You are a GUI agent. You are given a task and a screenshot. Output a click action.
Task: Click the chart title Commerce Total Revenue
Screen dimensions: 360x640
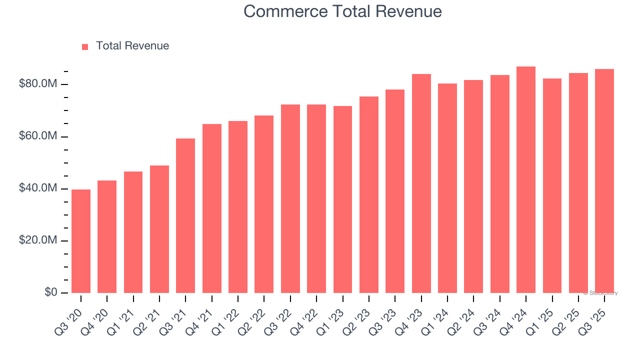pyautogui.click(x=342, y=11)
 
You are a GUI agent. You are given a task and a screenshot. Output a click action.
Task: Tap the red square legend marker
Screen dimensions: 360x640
pyautogui.click(x=85, y=46)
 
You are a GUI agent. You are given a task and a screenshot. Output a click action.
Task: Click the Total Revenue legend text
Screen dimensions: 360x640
pyautogui.click(x=132, y=46)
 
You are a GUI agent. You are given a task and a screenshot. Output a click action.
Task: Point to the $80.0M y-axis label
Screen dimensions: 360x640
pyautogui.click(x=38, y=84)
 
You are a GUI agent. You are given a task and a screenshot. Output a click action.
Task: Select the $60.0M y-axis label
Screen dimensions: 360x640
pyautogui.click(x=38, y=136)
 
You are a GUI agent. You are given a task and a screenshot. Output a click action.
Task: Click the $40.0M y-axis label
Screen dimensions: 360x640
pyautogui.click(x=38, y=188)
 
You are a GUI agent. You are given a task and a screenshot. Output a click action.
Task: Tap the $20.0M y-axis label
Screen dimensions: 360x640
pyautogui.click(x=38, y=240)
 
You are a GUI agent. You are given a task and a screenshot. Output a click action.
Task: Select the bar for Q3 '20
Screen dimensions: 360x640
pyautogui.click(x=81, y=241)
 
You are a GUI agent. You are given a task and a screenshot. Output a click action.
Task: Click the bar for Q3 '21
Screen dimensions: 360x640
pyautogui.click(x=185, y=215)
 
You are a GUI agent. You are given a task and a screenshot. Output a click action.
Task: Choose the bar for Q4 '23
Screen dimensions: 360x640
pyautogui.click(x=421, y=183)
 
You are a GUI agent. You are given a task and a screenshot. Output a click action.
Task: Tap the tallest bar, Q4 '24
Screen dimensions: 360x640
pyautogui.click(x=526, y=179)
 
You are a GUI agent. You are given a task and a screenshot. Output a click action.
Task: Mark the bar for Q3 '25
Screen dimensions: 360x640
pyautogui.click(x=604, y=181)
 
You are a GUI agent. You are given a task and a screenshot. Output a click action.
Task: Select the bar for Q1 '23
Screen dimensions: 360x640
pyautogui.click(x=342, y=199)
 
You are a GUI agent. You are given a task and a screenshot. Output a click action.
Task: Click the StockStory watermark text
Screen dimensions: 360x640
pyautogui.click(x=600, y=293)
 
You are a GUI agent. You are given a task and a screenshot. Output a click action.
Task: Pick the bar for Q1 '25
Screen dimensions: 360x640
pyautogui.click(x=552, y=185)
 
